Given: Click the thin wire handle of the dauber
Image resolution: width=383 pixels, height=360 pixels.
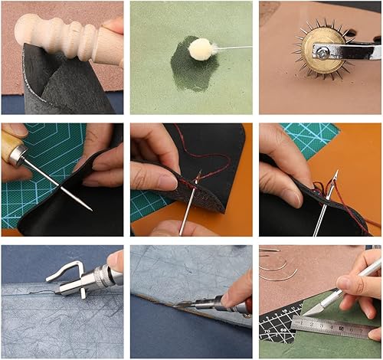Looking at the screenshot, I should click(234, 47).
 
